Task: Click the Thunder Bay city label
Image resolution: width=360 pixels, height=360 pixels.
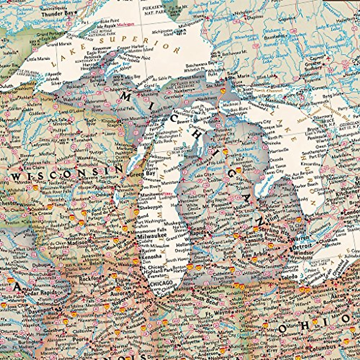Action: [58, 13]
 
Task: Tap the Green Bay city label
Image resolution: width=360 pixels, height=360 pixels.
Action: [138, 174]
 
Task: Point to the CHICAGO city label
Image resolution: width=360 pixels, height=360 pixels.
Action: [161, 283]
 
